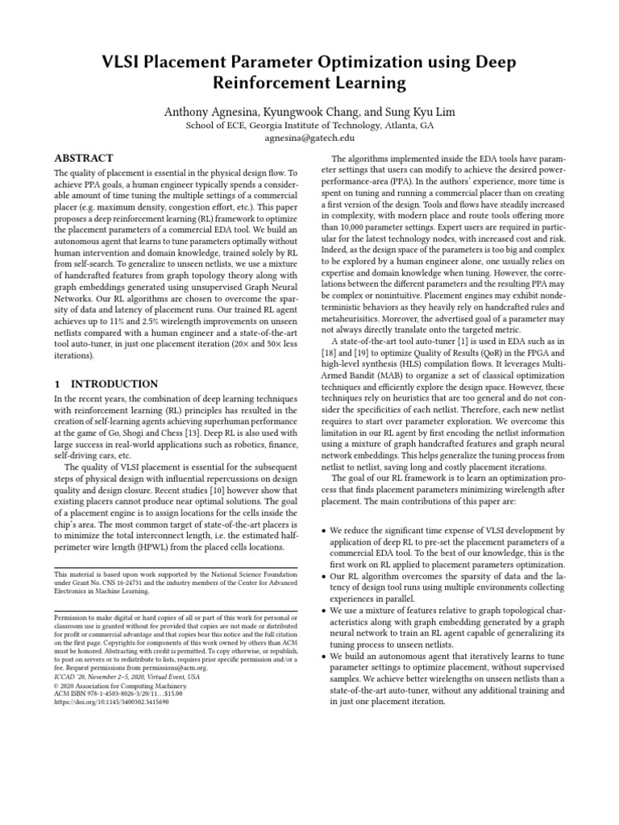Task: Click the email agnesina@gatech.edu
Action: (x=309, y=139)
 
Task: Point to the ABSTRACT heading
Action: (x=83, y=158)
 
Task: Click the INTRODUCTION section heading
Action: (x=114, y=384)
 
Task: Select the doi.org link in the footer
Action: (x=111, y=702)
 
